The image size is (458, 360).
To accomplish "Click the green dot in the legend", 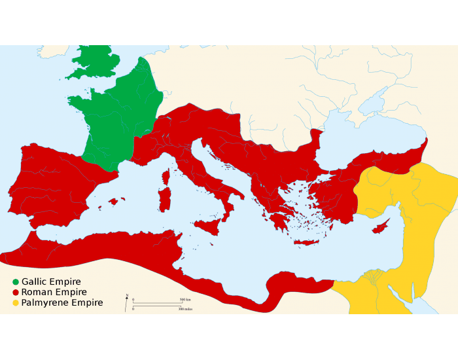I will coord(16,282).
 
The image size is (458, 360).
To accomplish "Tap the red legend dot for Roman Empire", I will coord(16,293).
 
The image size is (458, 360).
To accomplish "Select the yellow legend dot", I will coord(16,303).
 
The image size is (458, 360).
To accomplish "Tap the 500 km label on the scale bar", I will coord(185,300).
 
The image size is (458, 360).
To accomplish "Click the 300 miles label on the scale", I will coord(185,308).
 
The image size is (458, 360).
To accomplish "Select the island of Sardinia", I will coord(164,200).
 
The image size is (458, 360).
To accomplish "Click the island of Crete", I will coord(306,242).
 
